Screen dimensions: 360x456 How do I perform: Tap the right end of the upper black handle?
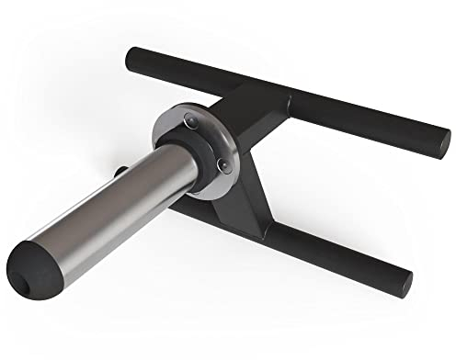pos(442,141)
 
